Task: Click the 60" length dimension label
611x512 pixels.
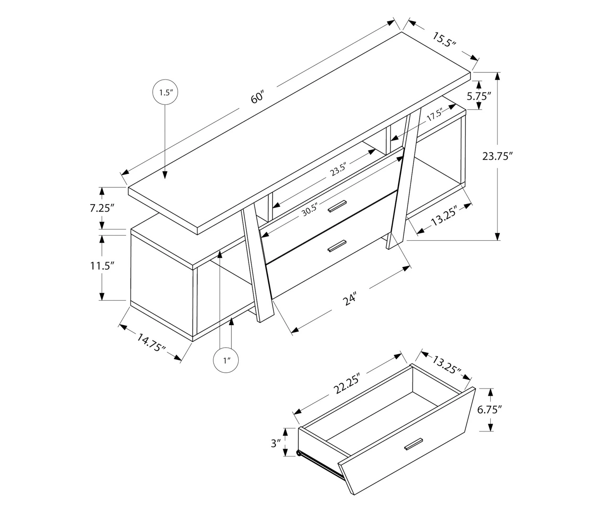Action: click(x=257, y=97)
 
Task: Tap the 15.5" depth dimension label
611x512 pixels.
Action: click(x=444, y=40)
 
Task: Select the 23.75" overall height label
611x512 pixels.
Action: click(x=497, y=156)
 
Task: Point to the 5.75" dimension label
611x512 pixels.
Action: click(x=479, y=96)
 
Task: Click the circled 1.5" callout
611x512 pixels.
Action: click(x=165, y=92)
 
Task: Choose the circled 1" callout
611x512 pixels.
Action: click(x=226, y=360)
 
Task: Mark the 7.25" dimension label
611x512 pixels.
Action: click(x=102, y=208)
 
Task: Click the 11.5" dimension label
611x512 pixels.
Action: click(x=102, y=266)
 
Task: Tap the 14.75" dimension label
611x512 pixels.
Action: click(x=151, y=342)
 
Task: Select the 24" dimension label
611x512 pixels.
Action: click(x=350, y=298)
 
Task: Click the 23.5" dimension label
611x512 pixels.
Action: click(x=338, y=170)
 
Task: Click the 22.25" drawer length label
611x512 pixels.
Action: click(x=346, y=383)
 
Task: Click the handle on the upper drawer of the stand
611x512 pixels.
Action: click(x=337, y=206)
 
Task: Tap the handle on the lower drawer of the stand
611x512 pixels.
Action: click(x=337, y=246)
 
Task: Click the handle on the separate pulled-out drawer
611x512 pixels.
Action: click(x=414, y=444)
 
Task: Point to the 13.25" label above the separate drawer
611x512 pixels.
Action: click(x=446, y=365)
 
